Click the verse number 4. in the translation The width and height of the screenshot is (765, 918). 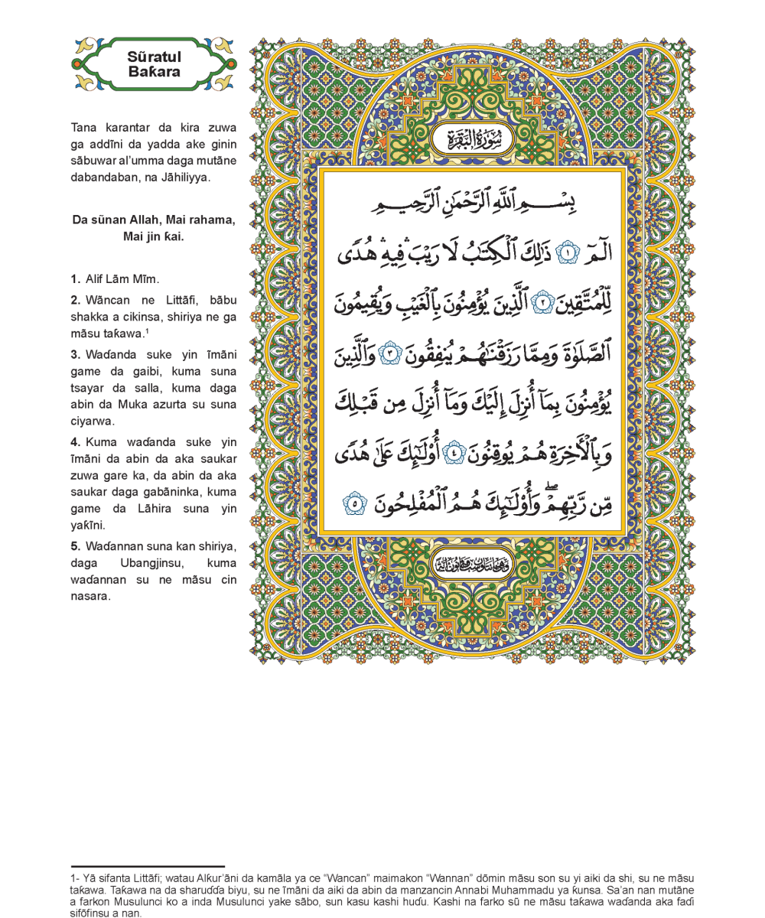pos(75,443)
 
